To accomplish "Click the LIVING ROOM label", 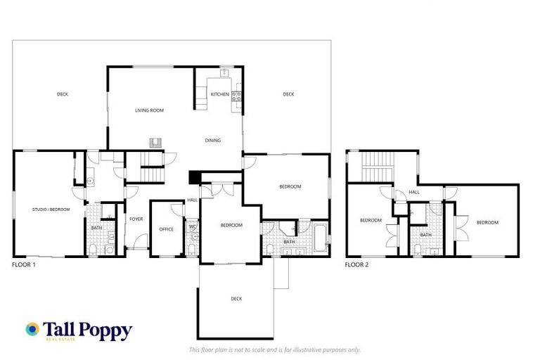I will [x=149, y=110].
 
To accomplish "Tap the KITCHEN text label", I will [x=219, y=94].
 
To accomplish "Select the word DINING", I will [x=212, y=141].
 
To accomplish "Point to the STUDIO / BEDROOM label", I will [x=51, y=210].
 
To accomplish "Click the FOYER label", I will [x=136, y=219].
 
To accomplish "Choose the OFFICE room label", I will [x=166, y=229].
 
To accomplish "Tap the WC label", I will [x=192, y=226].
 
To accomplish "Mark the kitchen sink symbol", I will [x=225, y=72].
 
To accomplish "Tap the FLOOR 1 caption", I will [x=24, y=265].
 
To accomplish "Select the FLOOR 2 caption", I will [x=356, y=265].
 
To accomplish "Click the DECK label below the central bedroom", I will [x=236, y=299].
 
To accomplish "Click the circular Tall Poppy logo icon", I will [x=32, y=328].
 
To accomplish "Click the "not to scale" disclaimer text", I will [x=275, y=349].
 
